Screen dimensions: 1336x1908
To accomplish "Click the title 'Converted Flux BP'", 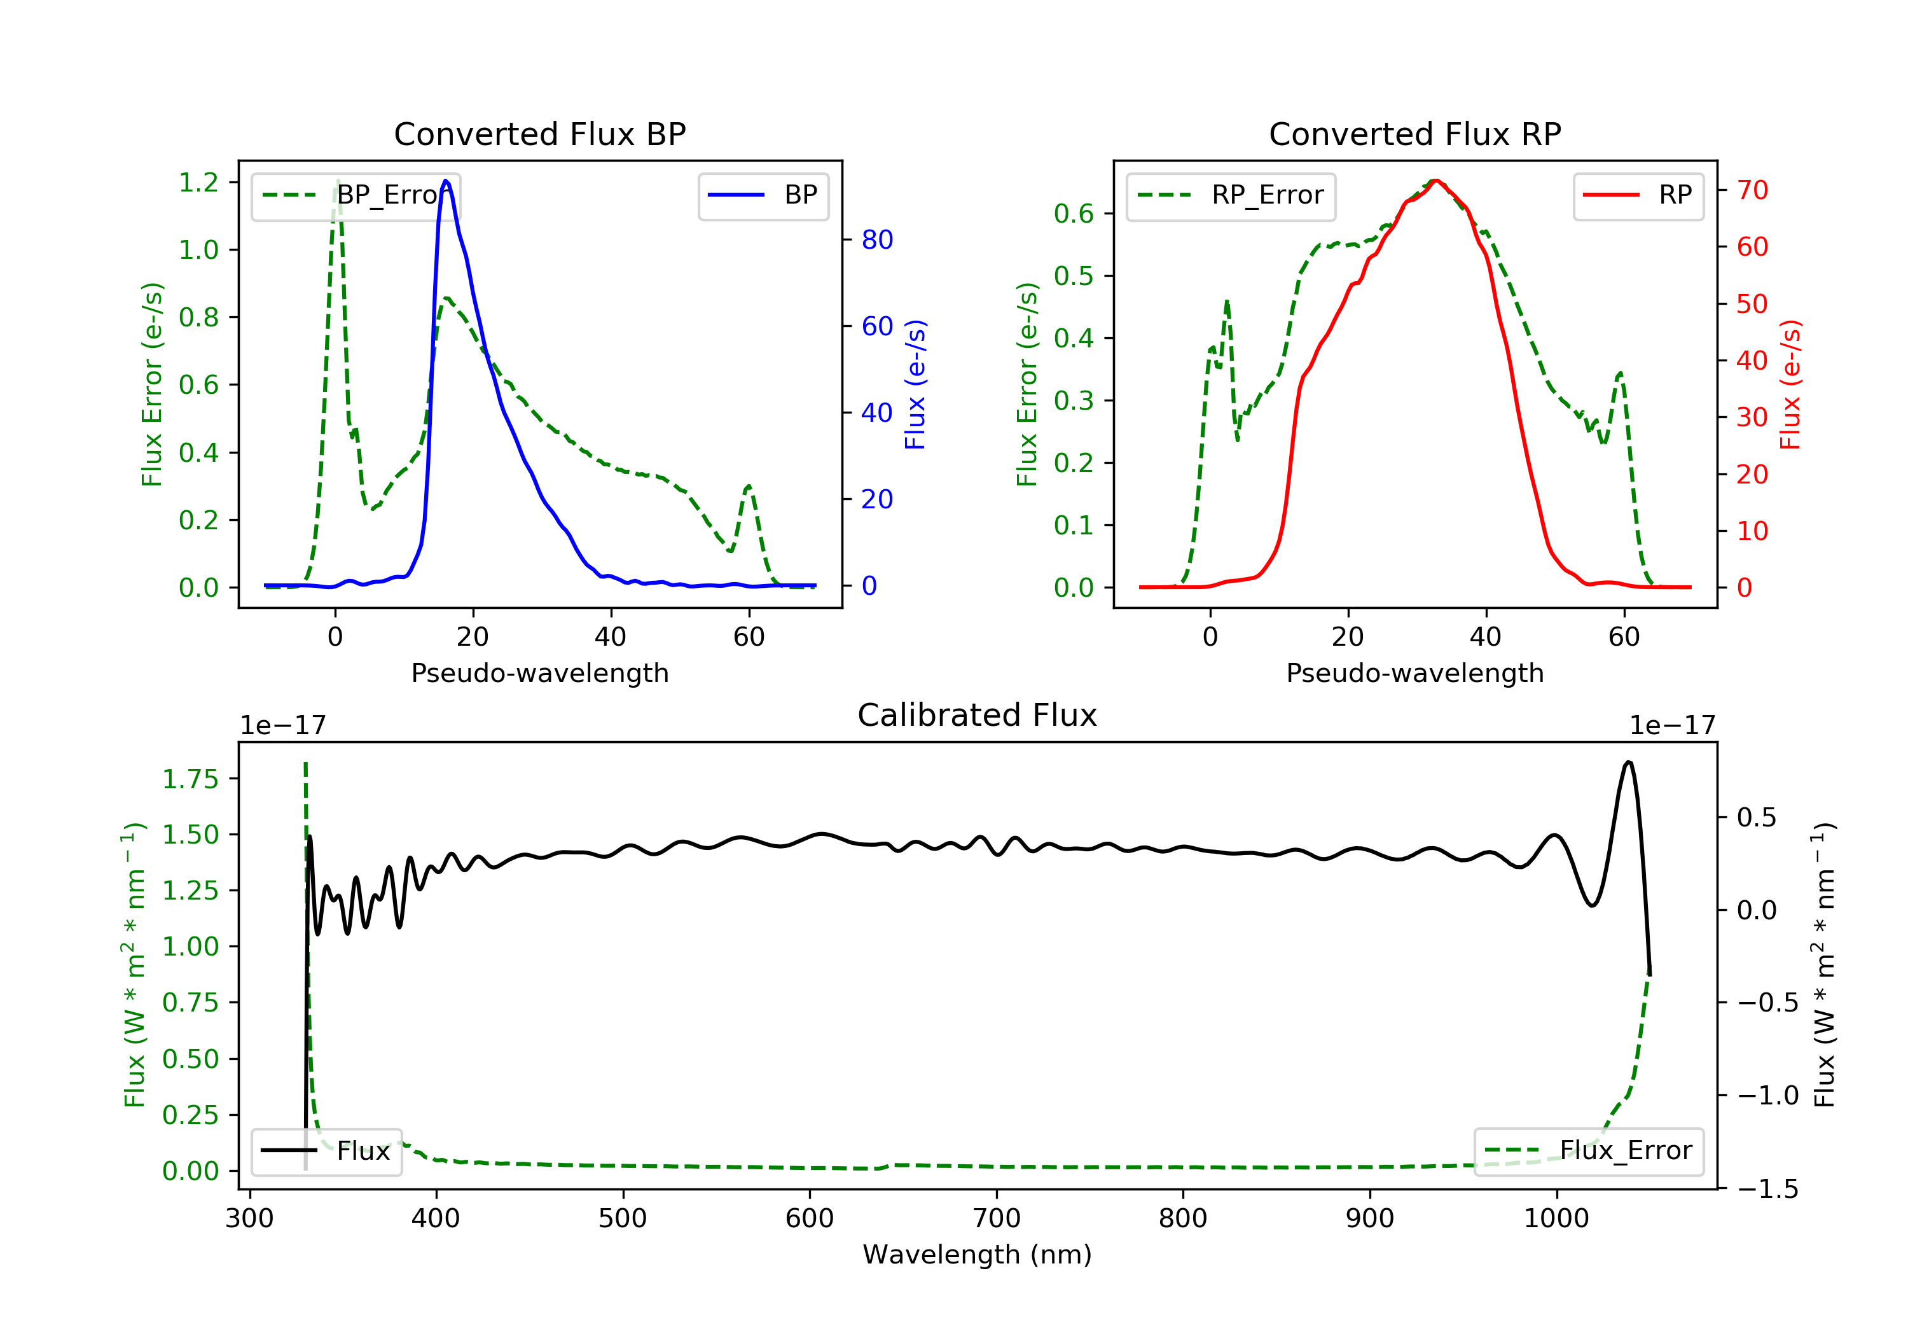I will pyautogui.click(x=539, y=134).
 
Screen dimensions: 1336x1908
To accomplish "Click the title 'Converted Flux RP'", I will pyautogui.click(x=1414, y=134).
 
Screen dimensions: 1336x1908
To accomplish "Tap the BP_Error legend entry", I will pyautogui.click(x=356, y=195).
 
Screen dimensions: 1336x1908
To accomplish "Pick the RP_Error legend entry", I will pyautogui.click(x=1231, y=195).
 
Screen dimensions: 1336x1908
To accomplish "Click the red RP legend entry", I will pyautogui.click(x=1638, y=195).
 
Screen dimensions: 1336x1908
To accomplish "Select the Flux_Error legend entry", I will pyautogui.click(x=1588, y=1151).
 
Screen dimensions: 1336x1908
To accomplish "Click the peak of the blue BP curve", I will pyautogui.click(x=446, y=181).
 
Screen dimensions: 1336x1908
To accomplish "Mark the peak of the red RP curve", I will pyautogui.click(x=1435, y=181).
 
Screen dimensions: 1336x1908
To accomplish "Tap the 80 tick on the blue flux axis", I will pyautogui.click(x=876, y=239).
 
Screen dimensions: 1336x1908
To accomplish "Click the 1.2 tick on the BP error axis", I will pyautogui.click(x=198, y=182).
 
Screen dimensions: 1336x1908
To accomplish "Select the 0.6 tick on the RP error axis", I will pyautogui.click(x=1074, y=214).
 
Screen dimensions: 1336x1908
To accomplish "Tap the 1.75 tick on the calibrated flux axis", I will pyautogui.click(x=190, y=779).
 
